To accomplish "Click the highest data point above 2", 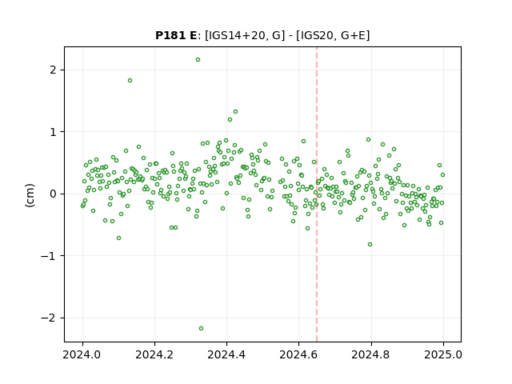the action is (x=198, y=60).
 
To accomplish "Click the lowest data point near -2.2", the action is (x=201, y=329).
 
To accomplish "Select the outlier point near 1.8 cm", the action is (x=130, y=81).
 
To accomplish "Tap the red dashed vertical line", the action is (x=317, y=194).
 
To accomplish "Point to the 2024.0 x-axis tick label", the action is (x=82, y=354).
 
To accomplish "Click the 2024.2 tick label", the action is (x=154, y=354).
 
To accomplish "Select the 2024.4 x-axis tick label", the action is (x=226, y=354).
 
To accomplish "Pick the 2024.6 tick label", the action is (x=298, y=354).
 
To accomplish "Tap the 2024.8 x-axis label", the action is (x=371, y=354).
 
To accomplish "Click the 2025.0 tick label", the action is (x=443, y=354).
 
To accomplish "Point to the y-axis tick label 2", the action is (x=53, y=70).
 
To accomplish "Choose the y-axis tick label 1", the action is (x=53, y=132).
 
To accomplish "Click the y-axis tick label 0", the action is (x=53, y=194).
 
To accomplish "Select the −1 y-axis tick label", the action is (x=48, y=256).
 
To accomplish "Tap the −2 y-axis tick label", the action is (x=48, y=318).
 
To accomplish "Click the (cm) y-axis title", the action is (x=30, y=195).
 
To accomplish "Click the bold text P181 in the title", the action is (x=171, y=35).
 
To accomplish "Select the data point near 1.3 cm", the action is (x=235, y=112).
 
